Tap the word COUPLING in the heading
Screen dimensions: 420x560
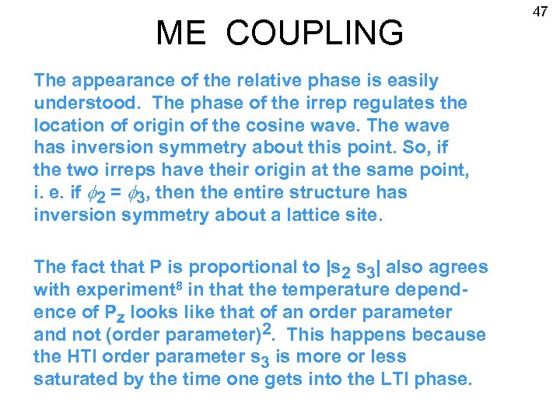[x=316, y=33]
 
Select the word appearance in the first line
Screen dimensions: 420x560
[x=117, y=80]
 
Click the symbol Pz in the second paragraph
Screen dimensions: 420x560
[x=114, y=313]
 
